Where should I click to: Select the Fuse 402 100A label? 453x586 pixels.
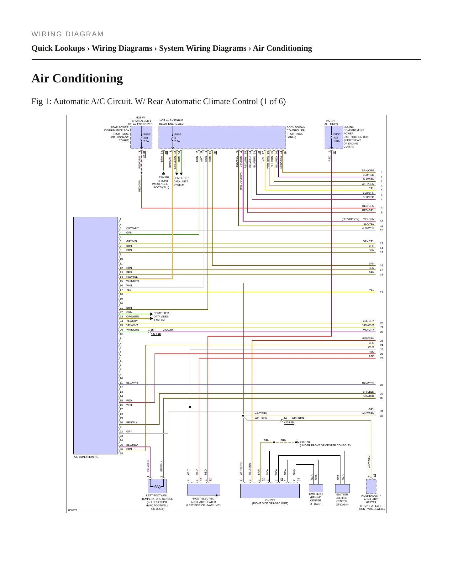pyautogui.click(x=337, y=138)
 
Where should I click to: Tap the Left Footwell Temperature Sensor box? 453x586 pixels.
pyautogui.click(x=157, y=486)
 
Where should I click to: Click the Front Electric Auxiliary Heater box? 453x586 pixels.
pyautogui.click(x=203, y=489)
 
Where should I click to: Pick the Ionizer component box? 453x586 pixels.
pyautogui.click(x=270, y=491)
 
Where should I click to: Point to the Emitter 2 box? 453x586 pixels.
pyautogui.click(x=316, y=488)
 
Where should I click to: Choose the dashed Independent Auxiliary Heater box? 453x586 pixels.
pyautogui.click(x=371, y=486)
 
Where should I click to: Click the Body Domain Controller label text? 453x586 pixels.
pyautogui.click(x=296, y=132)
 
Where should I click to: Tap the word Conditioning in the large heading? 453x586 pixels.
pyautogui.click(x=88, y=78)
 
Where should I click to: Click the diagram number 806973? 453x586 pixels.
pyautogui.click(x=73, y=510)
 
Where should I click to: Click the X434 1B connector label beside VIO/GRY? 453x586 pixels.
pyautogui.click(x=156, y=334)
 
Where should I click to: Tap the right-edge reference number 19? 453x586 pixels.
pyautogui.click(x=382, y=292)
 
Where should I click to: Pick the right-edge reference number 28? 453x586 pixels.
pyautogui.click(x=382, y=385)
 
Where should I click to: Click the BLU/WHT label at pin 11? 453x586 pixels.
pyautogui.click(x=132, y=383)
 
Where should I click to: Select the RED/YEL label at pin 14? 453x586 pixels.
pyautogui.click(x=132, y=277)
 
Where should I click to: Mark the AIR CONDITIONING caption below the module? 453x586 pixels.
pyautogui.click(x=86, y=457)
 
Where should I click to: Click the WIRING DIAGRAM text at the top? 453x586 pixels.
pyautogui.click(x=68, y=34)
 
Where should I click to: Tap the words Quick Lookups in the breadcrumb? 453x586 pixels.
pyautogui.click(x=58, y=48)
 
